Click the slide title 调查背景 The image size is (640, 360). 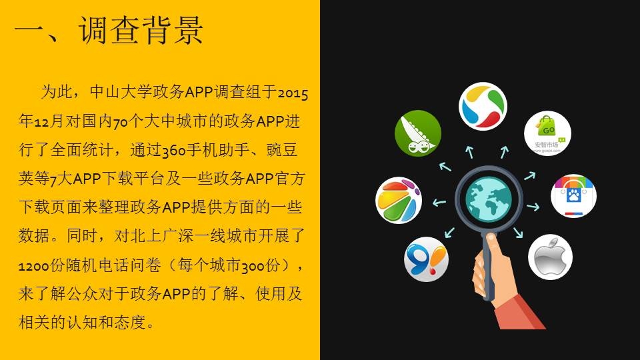pyautogui.click(x=141, y=30)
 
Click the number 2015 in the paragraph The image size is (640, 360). pyautogui.click(x=293, y=93)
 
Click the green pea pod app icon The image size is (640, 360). pyautogui.click(x=417, y=133)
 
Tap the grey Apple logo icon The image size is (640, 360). pyautogui.click(x=550, y=257)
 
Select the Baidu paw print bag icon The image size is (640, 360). pyautogui.click(x=573, y=195)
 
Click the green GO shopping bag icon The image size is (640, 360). pyautogui.click(x=547, y=133)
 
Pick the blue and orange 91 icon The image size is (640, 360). pyautogui.click(x=426, y=259)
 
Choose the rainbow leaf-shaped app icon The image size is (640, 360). pyautogui.click(x=399, y=200)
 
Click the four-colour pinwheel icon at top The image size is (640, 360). pyautogui.click(x=483, y=106)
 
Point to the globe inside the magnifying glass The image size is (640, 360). pyautogui.click(x=489, y=199)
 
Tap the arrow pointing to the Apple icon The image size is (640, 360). pyautogui.click(x=518, y=232)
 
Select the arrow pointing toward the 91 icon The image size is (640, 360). pyautogui.click(x=449, y=232)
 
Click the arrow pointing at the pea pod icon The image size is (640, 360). pyautogui.click(x=445, y=167)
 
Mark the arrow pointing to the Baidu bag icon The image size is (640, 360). pyautogui.click(x=533, y=207)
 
